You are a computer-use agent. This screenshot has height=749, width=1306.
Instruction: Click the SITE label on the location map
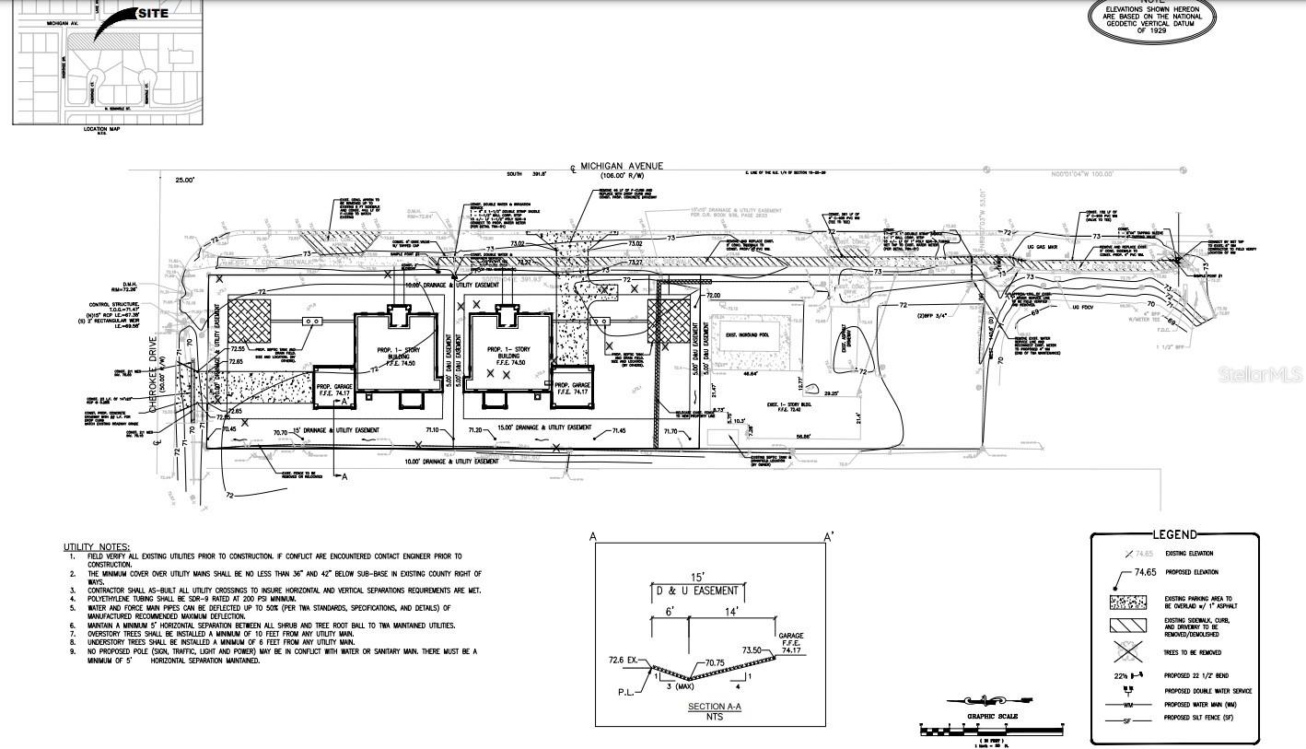pos(153,14)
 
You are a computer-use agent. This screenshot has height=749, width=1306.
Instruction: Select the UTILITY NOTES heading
pos(97,547)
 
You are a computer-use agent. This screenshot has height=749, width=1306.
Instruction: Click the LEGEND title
pos(1174,534)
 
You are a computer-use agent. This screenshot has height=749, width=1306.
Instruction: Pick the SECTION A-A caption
pos(707,707)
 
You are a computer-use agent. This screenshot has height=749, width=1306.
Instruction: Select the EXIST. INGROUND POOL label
pos(747,335)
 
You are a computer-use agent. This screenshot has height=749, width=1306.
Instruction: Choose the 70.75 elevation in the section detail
pos(719,662)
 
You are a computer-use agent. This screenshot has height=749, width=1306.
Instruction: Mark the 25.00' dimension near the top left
pos(185,181)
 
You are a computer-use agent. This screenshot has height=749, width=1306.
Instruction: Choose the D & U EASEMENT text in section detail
pos(696,591)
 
